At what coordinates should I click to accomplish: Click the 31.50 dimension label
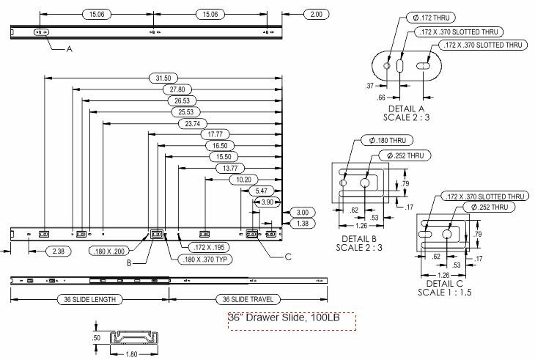pos(163,78)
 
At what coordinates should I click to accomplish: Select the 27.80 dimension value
pos(177,89)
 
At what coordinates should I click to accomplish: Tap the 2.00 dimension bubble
pos(317,15)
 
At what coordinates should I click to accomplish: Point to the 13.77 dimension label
pos(230,168)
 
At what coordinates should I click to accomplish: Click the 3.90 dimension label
pos(267,202)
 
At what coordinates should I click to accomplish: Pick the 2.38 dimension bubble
pos(59,251)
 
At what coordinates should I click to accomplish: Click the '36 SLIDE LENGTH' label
pos(89,300)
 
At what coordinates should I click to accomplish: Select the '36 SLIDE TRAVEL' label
pos(248,300)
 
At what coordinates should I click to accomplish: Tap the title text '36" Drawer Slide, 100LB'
pos(284,317)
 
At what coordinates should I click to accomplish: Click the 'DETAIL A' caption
pos(406,109)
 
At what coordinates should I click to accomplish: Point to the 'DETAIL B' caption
pos(359,239)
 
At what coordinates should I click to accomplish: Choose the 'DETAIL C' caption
pos(445,284)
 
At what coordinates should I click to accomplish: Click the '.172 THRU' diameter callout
pos(431,18)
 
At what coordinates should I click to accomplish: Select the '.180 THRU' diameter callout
pos(387,140)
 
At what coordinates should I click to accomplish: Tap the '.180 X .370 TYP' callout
pos(205,260)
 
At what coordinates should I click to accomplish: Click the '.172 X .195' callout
pos(209,247)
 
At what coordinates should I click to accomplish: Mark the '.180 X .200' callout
pos(109,251)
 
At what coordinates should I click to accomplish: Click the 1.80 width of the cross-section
pos(131,355)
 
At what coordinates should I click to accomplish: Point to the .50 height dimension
pos(96,338)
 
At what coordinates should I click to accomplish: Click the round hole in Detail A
pos(387,65)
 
